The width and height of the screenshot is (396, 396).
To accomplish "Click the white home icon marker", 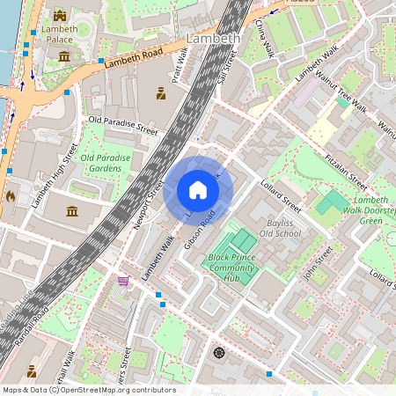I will tap(198, 190).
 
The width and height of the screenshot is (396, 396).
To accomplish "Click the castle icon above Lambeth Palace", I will tap(60, 15).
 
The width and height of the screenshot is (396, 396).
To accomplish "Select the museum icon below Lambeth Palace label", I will tap(63, 56).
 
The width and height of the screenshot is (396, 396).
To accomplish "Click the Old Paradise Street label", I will tap(122, 125).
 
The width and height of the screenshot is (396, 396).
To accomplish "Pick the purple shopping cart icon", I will tap(124, 281).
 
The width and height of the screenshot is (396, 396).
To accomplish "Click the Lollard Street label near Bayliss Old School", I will tap(281, 198).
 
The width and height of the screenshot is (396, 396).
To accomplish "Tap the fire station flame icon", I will tap(11, 195).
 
